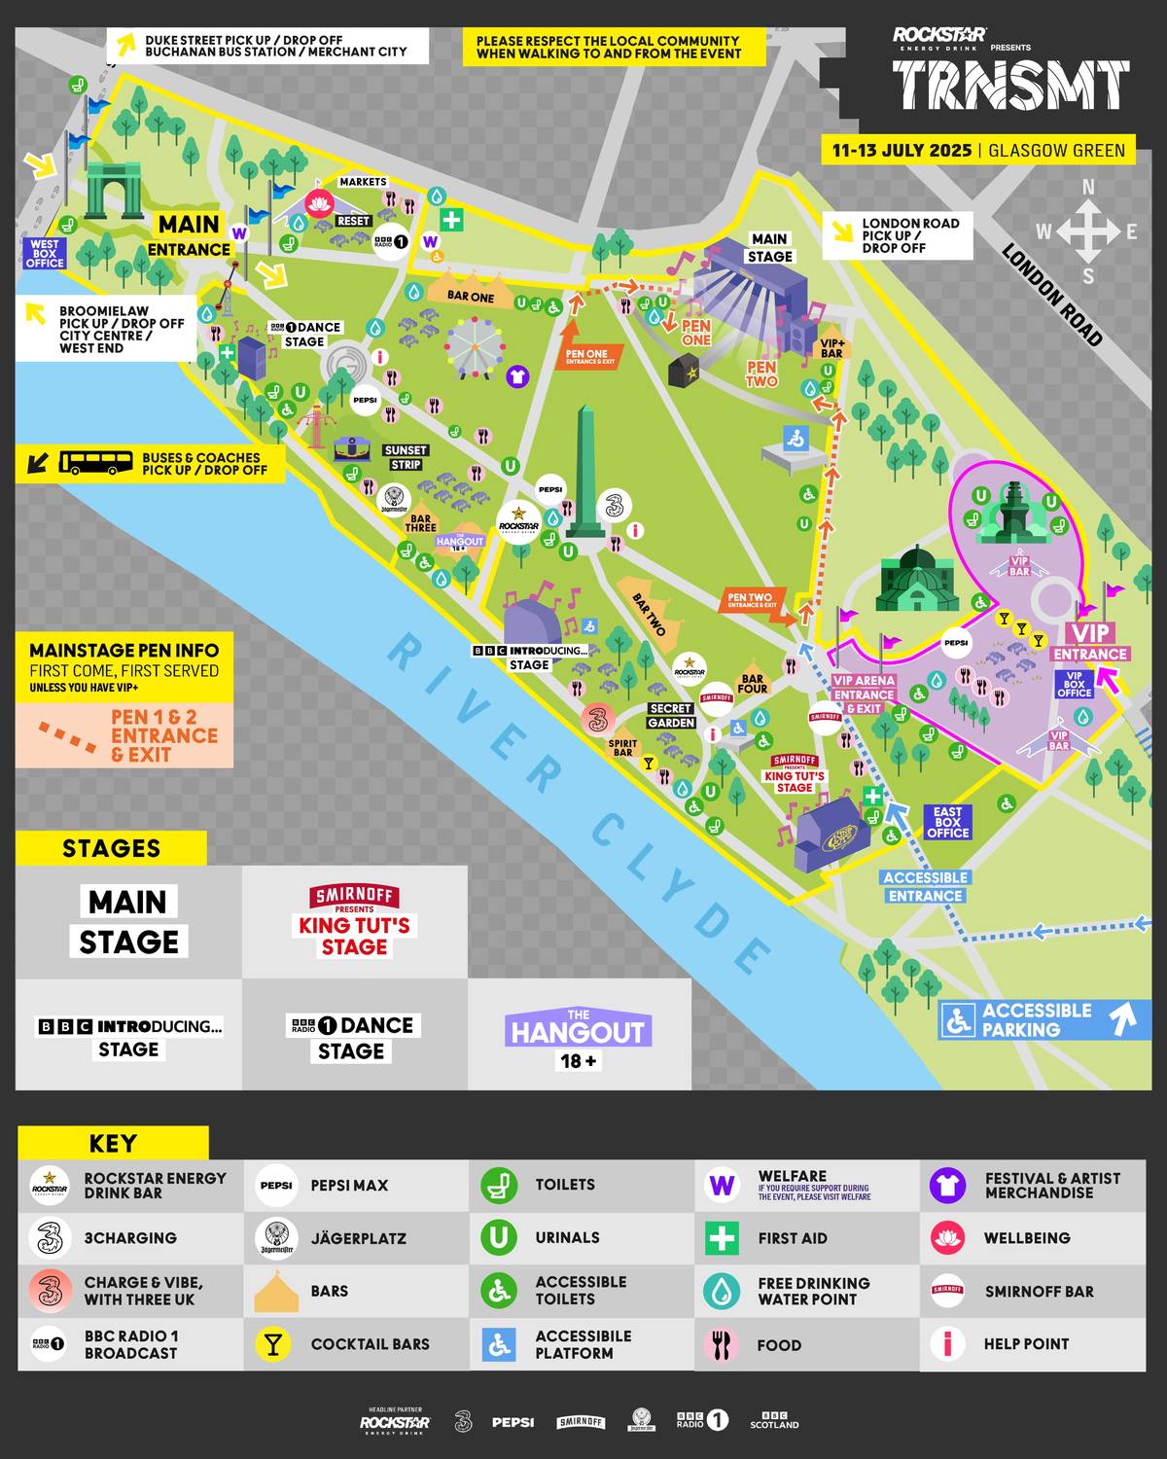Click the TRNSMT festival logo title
1010,86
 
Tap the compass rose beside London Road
1087,231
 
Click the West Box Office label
45,253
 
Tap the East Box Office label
947,822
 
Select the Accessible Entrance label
925,886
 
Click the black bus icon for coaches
95,463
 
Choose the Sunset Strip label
406,457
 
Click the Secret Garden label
671,715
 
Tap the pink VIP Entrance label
1089,644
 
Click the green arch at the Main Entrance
114,191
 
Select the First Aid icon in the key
721,1238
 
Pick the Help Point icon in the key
946,1344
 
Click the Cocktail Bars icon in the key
273,1344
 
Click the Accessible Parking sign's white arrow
1123,1018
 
